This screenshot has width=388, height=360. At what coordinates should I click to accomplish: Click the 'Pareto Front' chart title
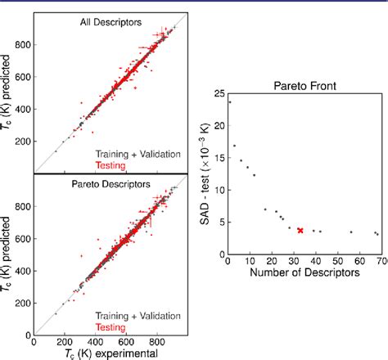pyautogui.click(x=303, y=84)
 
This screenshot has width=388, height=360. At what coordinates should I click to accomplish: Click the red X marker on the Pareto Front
pyautogui.click(x=300, y=231)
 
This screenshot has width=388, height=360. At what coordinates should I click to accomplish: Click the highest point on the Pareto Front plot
pyautogui.click(x=228, y=101)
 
